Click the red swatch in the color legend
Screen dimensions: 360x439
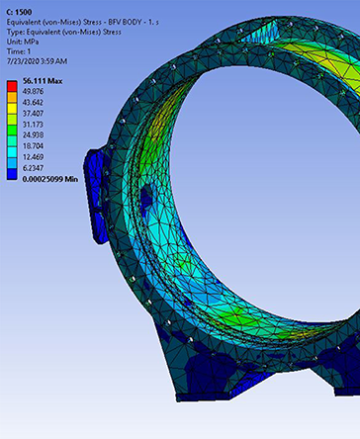coord(12,86)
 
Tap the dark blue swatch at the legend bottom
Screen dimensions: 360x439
coord(12,174)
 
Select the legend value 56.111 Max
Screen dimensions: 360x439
coord(43,81)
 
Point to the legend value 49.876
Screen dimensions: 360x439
coord(33,91)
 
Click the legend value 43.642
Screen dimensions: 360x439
coord(33,102)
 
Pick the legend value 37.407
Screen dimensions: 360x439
coord(33,114)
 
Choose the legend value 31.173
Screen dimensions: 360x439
coord(33,125)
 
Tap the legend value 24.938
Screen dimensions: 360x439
coord(33,134)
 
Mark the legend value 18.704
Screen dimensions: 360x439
coord(33,145)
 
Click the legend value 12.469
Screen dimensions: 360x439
coord(33,157)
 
